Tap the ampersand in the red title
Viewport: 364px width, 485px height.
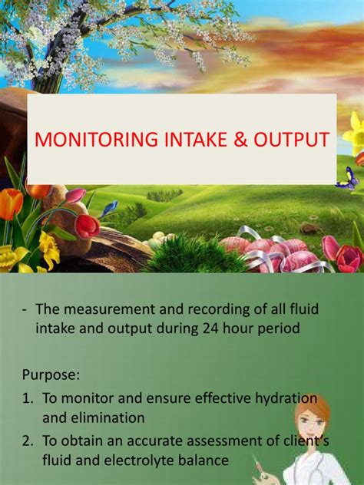click(241, 140)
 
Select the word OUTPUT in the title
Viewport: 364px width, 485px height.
click(291, 140)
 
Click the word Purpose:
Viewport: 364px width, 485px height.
click(51, 375)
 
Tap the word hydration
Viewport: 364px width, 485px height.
click(286, 399)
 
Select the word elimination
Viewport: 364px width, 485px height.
click(108, 418)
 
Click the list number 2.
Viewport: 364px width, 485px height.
click(27, 441)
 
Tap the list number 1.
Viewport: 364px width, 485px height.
click(27, 399)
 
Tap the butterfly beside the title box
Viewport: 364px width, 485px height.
click(348, 180)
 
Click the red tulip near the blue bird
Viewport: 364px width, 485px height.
click(88, 226)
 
